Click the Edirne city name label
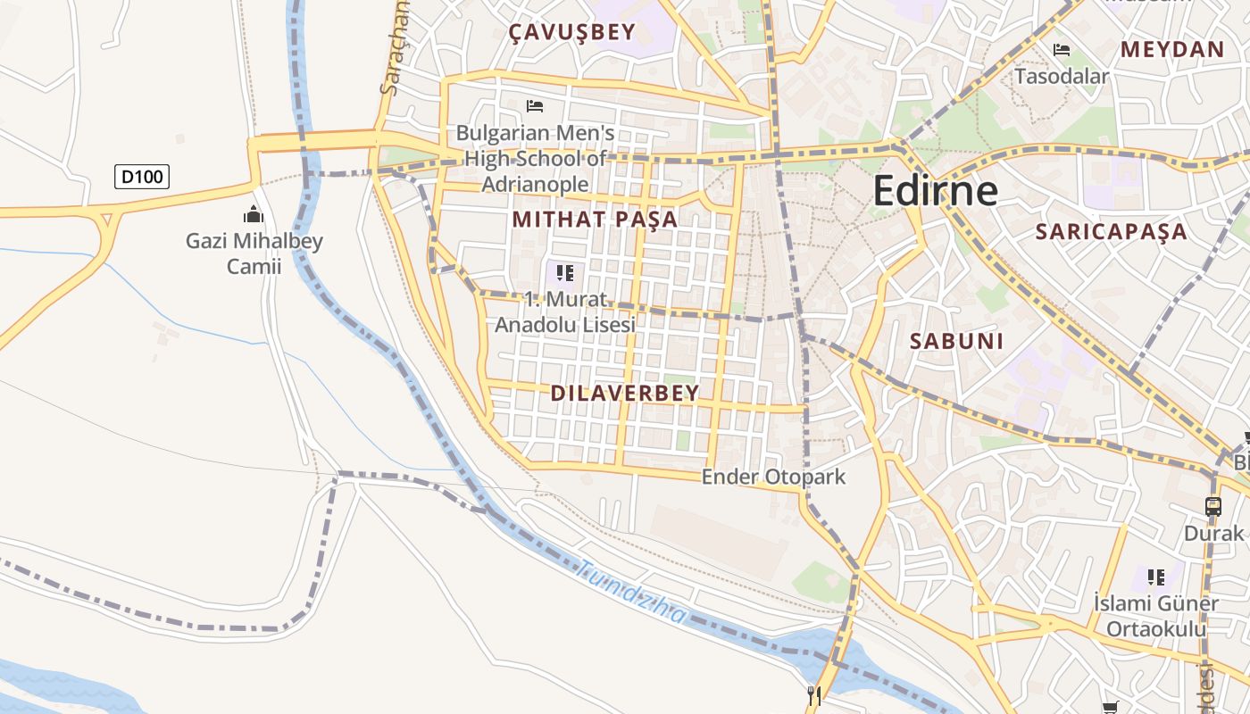point(934,191)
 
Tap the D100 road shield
point(142,177)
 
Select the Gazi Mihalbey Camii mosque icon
point(254,214)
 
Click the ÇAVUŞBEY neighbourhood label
point(571,33)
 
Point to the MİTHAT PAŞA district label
point(595,220)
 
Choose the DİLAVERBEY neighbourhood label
point(624,393)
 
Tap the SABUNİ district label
point(956,341)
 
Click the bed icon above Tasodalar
point(1061,50)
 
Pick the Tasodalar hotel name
point(1061,76)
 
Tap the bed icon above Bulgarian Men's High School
point(535,106)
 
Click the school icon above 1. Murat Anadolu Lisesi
point(564,272)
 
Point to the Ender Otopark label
point(773,477)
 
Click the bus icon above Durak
point(1212,506)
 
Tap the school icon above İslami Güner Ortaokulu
point(1156,577)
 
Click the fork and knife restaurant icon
point(813,696)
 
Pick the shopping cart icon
point(1110,708)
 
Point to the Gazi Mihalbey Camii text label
point(254,253)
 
